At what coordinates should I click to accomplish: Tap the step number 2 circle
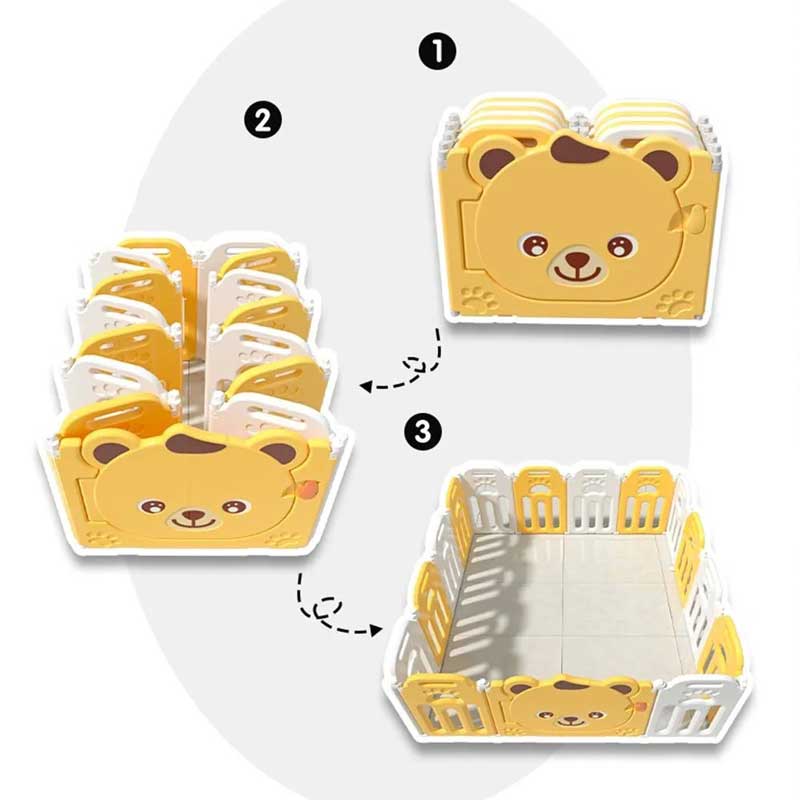[x=262, y=120]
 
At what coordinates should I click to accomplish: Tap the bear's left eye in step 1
[x=534, y=245]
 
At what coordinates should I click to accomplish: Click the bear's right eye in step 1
[x=620, y=245]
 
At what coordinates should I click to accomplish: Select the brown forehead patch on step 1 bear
[x=576, y=150]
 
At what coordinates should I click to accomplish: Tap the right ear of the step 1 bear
[x=660, y=160]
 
